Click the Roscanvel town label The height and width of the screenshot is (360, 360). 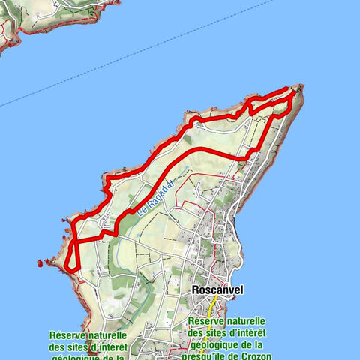pos(217,289)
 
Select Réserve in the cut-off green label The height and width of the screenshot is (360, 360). pos(67,335)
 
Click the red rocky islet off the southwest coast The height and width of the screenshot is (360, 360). pos(40,263)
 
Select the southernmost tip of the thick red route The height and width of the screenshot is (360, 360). pos(72,268)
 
